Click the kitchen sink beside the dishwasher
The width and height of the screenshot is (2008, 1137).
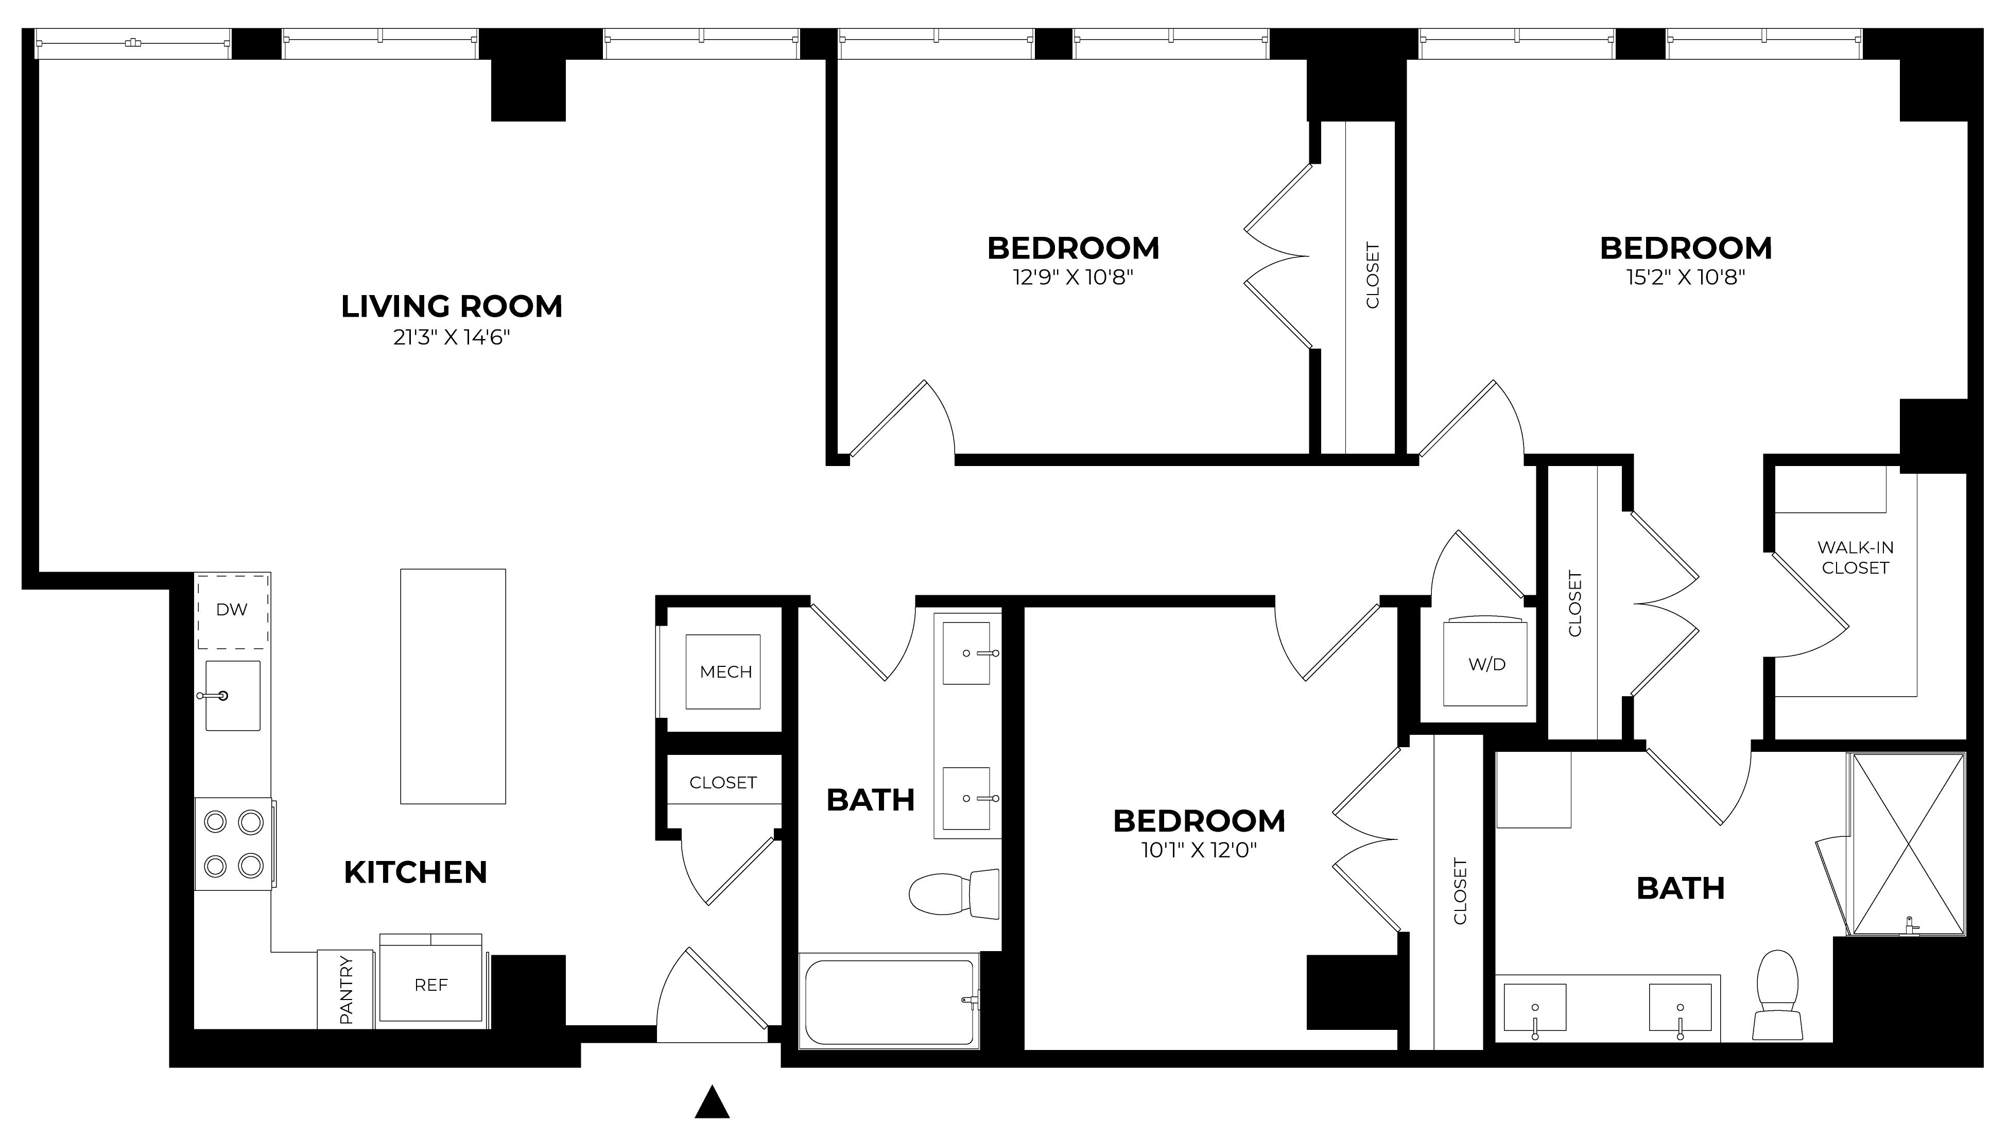pos(233,696)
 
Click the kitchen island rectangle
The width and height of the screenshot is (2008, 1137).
pos(453,686)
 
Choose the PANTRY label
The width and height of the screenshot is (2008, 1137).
pos(346,989)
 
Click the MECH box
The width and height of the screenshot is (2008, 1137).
pos(723,671)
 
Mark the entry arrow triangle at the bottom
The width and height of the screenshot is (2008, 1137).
pos(712,1102)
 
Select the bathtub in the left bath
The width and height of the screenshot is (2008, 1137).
pos(890,1001)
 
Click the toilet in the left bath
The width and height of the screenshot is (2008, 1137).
pos(955,893)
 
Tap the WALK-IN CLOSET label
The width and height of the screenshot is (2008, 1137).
pos(1855,558)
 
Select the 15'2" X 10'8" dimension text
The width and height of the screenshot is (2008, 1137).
pos(1686,277)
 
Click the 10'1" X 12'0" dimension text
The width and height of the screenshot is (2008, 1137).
pos(1199,850)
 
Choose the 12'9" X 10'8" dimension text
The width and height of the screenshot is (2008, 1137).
pos(1074,277)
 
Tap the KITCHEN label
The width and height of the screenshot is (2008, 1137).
pos(416,872)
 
